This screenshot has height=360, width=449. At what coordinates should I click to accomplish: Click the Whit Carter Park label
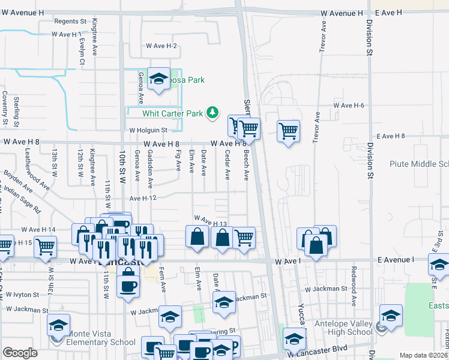coord(173,113)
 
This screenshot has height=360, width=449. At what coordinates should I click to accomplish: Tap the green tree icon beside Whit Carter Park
coord(212,112)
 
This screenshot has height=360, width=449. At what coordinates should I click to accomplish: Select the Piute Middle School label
coord(419,164)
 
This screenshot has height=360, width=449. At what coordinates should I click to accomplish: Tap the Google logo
coord(20,353)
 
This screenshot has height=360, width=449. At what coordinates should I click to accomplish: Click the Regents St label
coord(71,21)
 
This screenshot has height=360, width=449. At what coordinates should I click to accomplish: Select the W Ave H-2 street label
coord(161,46)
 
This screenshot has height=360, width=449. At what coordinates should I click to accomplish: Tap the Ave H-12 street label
coord(143,198)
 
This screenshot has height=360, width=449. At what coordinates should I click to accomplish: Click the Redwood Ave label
coord(355,293)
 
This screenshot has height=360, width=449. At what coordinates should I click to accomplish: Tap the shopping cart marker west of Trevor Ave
coord(289,131)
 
